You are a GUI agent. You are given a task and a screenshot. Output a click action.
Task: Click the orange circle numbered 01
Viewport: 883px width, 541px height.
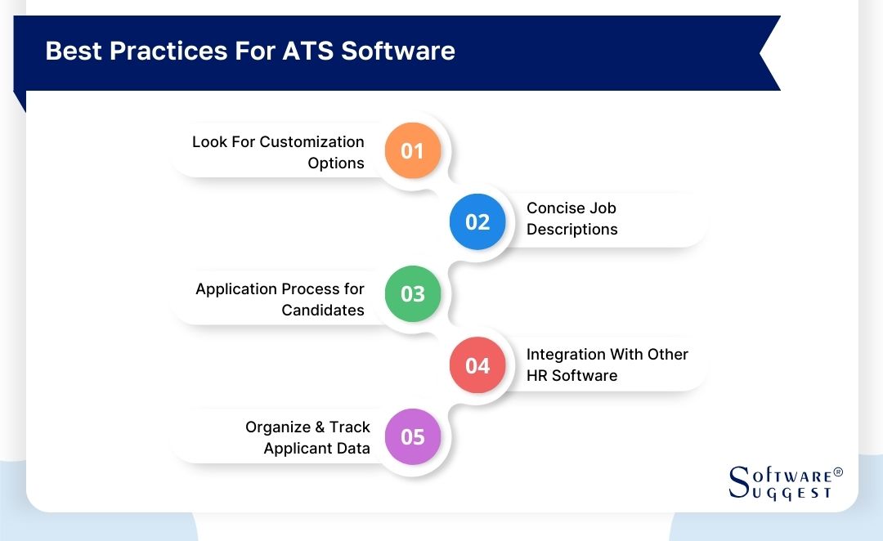click(413, 151)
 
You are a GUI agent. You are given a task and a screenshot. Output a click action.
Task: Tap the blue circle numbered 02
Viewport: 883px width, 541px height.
click(477, 222)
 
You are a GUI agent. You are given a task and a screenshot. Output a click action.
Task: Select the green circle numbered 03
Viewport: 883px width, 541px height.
click(413, 293)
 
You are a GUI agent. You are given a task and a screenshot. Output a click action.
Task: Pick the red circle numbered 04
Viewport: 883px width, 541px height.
click(477, 365)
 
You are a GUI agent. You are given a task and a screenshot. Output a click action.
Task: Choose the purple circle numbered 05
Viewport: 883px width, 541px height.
click(413, 437)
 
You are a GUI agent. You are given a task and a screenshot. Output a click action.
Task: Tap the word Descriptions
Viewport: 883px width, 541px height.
click(571, 230)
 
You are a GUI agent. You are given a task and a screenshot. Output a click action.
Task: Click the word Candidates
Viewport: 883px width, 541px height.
click(323, 311)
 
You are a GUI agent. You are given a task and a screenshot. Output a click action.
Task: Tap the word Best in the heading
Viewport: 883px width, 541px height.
click(74, 51)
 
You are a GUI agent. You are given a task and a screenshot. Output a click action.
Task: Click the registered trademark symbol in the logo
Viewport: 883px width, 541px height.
click(837, 473)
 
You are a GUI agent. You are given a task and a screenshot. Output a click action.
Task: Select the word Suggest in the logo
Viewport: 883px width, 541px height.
click(790, 493)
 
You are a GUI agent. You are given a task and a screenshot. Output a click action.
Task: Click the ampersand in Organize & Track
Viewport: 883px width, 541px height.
click(317, 427)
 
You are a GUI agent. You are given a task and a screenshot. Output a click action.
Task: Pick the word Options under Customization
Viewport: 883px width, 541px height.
click(336, 163)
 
